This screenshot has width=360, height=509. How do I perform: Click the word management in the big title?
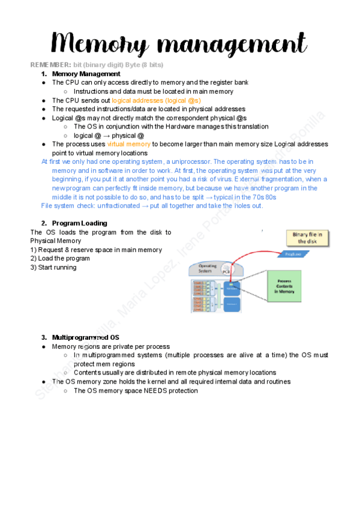(229, 43)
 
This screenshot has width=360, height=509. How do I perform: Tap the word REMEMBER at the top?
(49, 64)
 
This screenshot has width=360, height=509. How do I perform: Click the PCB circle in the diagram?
(226, 271)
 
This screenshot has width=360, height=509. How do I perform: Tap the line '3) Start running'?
(53, 268)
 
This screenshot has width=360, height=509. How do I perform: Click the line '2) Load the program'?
(60, 259)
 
